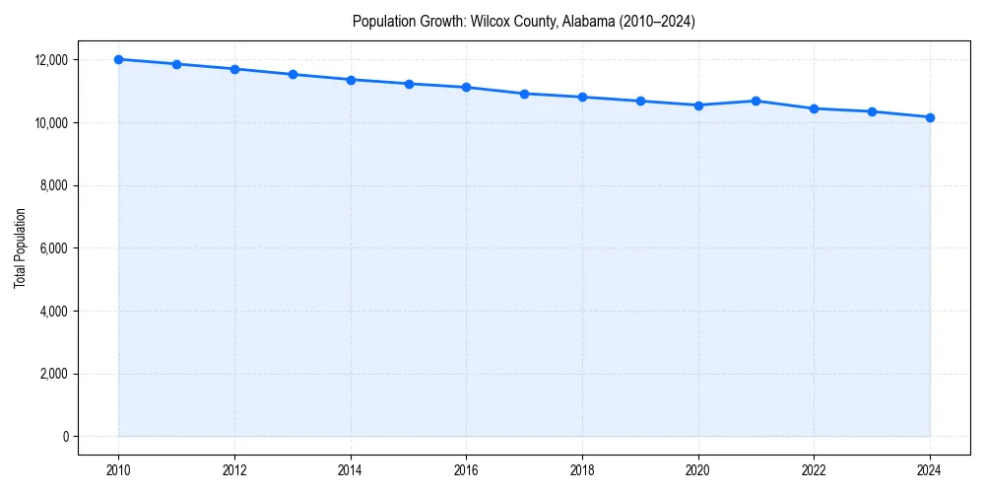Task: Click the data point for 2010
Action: click(118, 59)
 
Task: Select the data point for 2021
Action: click(755, 101)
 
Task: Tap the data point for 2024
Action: click(930, 117)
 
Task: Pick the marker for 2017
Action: click(524, 94)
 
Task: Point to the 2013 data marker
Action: click(293, 74)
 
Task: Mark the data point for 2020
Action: click(698, 105)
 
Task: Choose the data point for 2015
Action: click(409, 84)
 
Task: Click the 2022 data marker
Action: click(814, 108)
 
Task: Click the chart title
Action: click(524, 22)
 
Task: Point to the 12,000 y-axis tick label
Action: click(49, 60)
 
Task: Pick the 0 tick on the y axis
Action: click(64, 437)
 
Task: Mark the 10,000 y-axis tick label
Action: click(49, 122)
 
